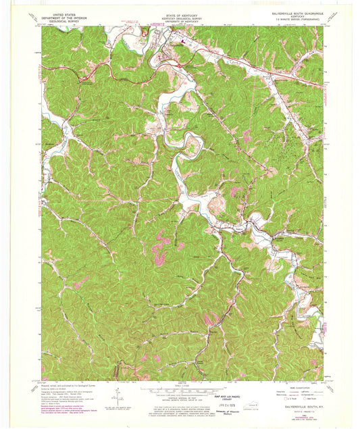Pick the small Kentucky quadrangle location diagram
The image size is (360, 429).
[252, 404]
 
